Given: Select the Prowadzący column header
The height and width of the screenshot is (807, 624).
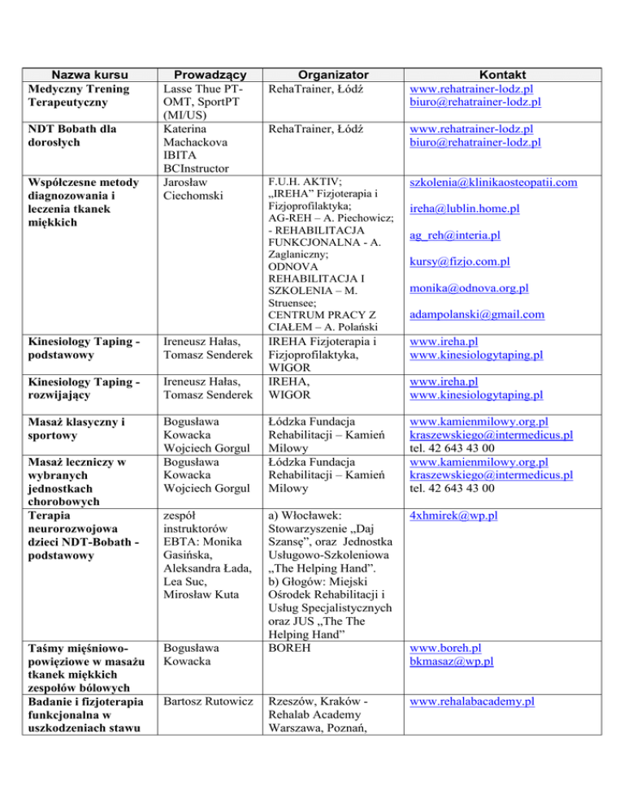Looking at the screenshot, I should click(x=206, y=74).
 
